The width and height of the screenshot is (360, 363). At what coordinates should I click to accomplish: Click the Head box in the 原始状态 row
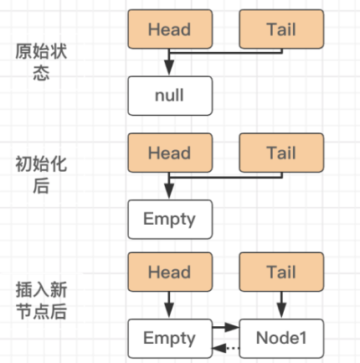(168, 29)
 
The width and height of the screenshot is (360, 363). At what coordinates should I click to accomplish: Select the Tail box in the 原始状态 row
(281, 29)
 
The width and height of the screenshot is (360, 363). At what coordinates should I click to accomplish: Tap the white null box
(168, 96)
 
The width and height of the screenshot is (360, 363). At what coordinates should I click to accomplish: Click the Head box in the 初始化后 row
(168, 153)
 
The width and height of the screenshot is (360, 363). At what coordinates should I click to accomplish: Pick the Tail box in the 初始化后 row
(281, 153)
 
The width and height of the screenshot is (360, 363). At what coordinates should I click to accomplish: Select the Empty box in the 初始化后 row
(168, 219)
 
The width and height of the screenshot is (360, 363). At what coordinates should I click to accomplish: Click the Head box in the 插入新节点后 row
(168, 272)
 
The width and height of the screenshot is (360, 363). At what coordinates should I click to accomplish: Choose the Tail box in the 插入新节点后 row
(281, 272)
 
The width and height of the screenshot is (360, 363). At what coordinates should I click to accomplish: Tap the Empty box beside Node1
(168, 338)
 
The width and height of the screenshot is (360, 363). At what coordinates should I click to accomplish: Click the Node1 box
(281, 338)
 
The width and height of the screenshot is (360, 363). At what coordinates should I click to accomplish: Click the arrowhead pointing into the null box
(168, 71)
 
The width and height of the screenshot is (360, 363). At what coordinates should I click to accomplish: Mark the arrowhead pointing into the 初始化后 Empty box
(168, 194)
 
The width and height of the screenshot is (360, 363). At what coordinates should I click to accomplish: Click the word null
(168, 96)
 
